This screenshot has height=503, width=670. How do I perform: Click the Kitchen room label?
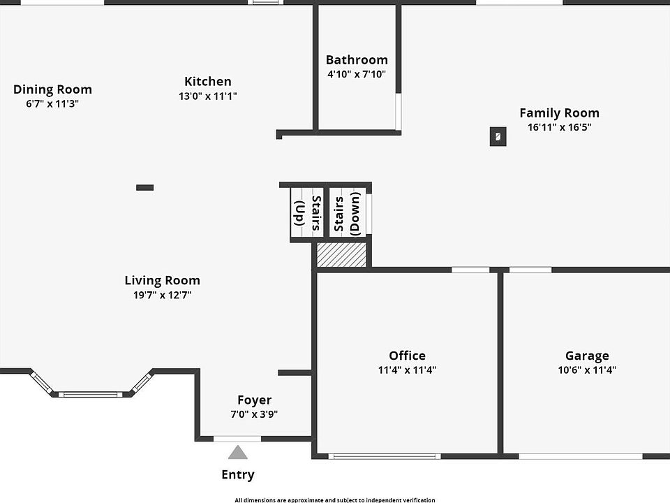[207, 82]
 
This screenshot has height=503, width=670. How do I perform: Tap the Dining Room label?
[52, 89]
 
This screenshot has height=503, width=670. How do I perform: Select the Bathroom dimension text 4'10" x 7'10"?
[356, 74]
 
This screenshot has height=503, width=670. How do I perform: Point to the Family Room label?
[559, 112]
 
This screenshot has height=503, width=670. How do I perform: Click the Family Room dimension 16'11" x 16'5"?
[560, 127]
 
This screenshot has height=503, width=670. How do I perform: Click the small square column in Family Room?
[498, 137]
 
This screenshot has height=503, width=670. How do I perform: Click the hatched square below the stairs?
[341, 254]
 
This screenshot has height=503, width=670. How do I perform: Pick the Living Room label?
[162, 280]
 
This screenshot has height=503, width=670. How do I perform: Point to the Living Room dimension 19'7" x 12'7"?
[162, 295]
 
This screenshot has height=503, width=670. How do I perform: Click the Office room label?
[407, 356]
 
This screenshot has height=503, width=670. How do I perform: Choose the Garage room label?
[587, 356]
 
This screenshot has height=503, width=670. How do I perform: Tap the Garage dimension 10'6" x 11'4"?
[587, 370]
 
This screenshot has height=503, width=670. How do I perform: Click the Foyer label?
[254, 400]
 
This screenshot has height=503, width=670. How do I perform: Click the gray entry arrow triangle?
[238, 453]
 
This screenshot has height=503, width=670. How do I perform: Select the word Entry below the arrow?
[238, 475]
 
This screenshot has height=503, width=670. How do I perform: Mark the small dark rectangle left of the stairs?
[144, 187]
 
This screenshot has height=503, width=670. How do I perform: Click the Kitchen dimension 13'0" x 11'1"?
[207, 96]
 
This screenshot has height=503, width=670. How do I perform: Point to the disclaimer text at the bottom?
[334, 500]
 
